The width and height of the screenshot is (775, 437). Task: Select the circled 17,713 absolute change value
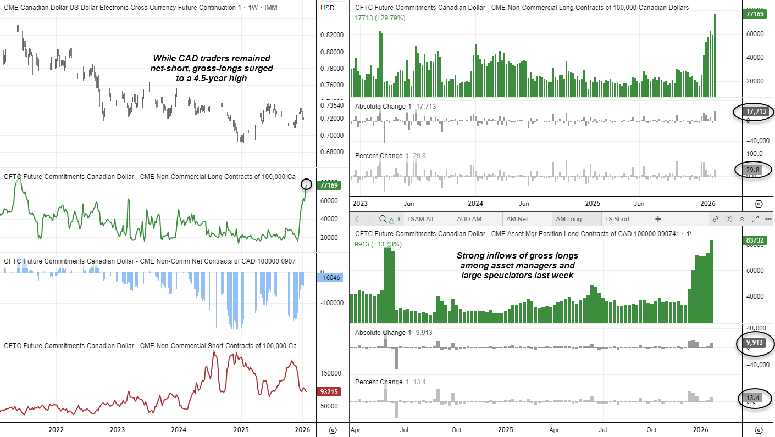point(754,112)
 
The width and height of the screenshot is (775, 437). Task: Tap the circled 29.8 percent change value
point(753,170)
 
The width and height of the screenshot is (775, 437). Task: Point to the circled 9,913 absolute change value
point(754,343)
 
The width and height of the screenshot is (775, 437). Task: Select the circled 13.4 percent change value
point(753,398)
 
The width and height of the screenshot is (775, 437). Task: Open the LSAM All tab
point(420,219)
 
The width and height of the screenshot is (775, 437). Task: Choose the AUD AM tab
point(469,219)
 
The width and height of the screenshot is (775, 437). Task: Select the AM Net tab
point(517,219)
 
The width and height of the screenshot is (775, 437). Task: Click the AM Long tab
point(568,219)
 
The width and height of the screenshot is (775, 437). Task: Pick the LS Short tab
point(617,219)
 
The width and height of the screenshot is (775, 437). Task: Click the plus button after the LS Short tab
point(658,219)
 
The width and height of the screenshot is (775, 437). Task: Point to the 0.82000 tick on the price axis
point(332,35)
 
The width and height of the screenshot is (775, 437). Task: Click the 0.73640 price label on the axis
point(332,105)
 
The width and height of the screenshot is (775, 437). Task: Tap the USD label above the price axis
point(328,8)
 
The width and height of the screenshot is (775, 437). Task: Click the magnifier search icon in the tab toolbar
point(383,219)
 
